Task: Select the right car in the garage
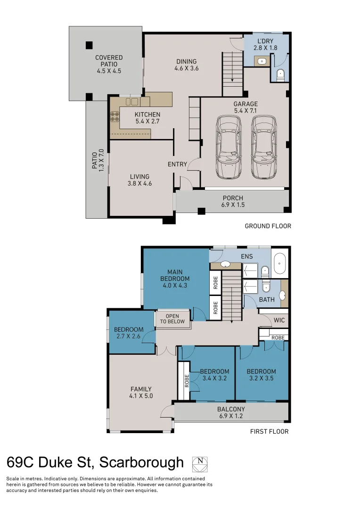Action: [x=263, y=147]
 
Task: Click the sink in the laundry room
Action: [x=261, y=60]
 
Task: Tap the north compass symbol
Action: [x=200, y=464]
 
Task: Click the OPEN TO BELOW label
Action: [x=172, y=319]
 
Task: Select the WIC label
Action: [x=279, y=320]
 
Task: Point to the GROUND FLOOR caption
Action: [x=268, y=226]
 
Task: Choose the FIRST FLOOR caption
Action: [x=269, y=431]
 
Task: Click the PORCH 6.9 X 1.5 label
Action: [x=233, y=202]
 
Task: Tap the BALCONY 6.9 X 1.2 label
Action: [x=231, y=413]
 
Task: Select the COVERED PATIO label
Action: [x=109, y=65]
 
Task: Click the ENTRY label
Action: [x=177, y=164]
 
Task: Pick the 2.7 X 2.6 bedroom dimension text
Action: [x=129, y=337]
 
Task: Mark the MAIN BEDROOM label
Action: [x=175, y=278]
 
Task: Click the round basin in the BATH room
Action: [x=283, y=296]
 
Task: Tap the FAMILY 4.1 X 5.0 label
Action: [x=141, y=393]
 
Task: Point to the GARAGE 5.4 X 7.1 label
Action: [x=245, y=107]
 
